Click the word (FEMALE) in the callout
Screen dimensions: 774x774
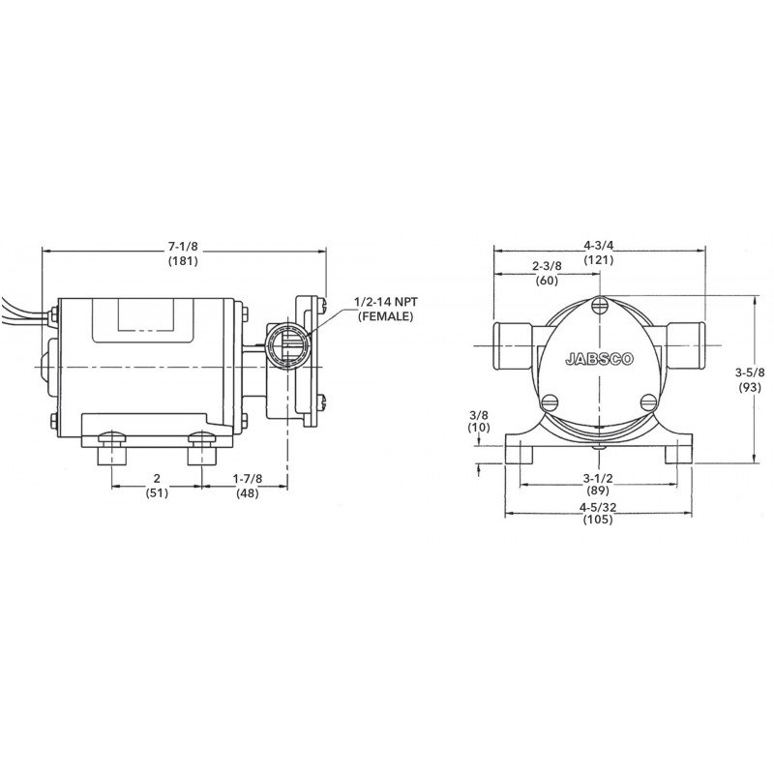(x=386, y=316)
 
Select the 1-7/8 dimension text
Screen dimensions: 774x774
(x=248, y=478)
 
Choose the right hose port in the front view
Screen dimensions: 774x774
(x=688, y=343)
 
